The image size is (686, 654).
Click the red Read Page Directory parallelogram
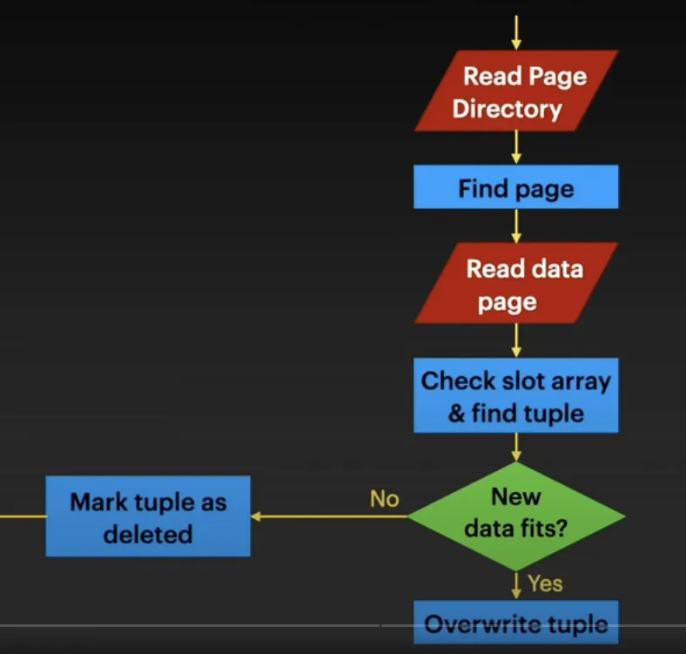[516, 91]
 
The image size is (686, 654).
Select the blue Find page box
[516, 187]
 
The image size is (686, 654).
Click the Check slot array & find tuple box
[516, 395]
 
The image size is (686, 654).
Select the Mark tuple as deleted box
[148, 516]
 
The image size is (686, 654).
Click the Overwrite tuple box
[516, 624]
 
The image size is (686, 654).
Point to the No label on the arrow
[384, 499]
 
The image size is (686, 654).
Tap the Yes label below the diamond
[545, 583]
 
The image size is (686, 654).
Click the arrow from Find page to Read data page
[516, 226]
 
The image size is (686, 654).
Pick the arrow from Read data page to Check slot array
[516, 340]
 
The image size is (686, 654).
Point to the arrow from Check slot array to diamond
[516, 447]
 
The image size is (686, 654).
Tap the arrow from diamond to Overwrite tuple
[516, 583]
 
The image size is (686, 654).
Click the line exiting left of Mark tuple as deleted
[23, 516]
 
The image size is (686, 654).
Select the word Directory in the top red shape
[507, 110]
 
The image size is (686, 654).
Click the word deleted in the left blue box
[148, 534]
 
